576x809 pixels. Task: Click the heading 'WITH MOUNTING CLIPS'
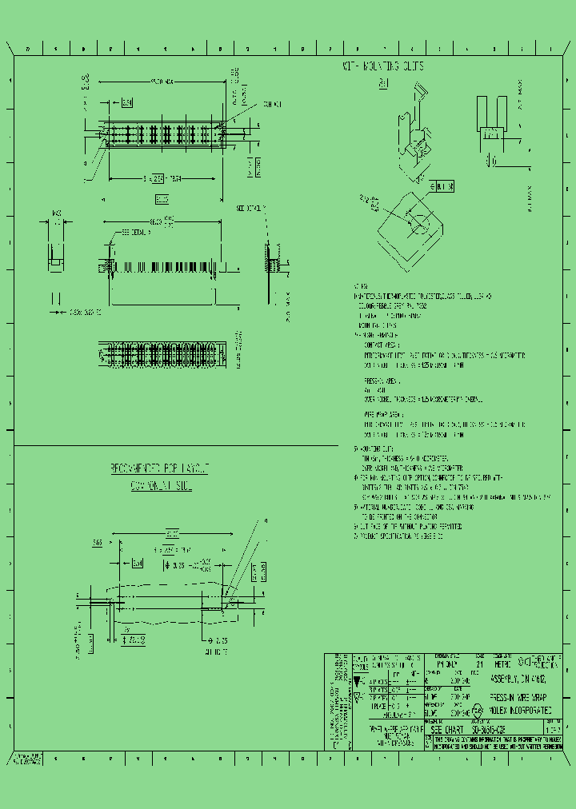click(x=383, y=66)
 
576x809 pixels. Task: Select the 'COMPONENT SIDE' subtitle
click(x=161, y=484)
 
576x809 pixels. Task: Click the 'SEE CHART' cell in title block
click(x=447, y=730)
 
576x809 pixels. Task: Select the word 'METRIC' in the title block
click(x=481, y=664)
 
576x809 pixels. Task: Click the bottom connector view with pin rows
click(x=162, y=353)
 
